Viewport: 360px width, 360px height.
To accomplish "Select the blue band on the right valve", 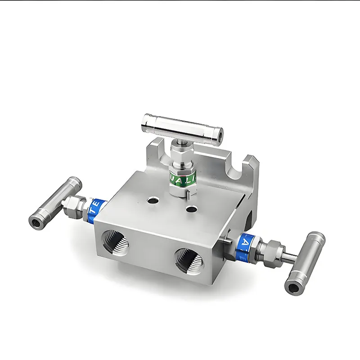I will [246, 243].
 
